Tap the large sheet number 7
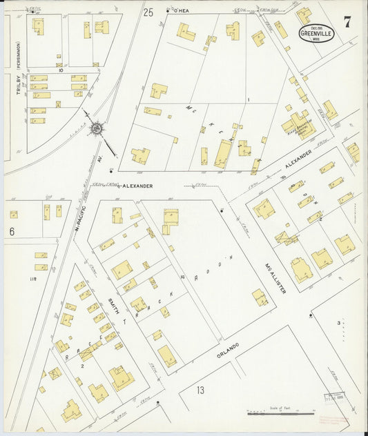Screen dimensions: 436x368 [x=347, y=21]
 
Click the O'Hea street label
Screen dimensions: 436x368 [x=182, y=11]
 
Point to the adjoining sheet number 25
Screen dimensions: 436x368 [x=148, y=12]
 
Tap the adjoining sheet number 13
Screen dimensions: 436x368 [x=200, y=390]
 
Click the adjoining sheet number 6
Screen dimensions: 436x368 [x=12, y=231]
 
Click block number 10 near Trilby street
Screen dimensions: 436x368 [x=61, y=70]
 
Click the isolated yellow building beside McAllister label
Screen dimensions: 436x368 [x=260, y=297]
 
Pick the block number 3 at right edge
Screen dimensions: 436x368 [x=338, y=323]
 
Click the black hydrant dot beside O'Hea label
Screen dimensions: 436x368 [x=168, y=11]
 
